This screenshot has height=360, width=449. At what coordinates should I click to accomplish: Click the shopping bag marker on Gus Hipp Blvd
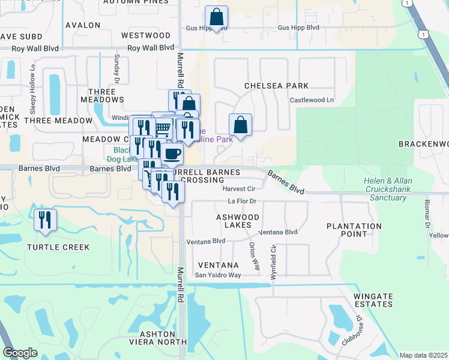pos(216,16)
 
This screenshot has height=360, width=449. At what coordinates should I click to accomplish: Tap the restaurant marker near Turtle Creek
pos(45,220)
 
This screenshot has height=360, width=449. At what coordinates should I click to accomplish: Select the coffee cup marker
pos(172,153)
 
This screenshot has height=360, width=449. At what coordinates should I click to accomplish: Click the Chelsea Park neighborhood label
pos(276,86)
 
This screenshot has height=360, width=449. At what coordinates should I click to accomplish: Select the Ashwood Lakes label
pos(238,221)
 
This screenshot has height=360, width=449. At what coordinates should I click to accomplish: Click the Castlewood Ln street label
pos(312,100)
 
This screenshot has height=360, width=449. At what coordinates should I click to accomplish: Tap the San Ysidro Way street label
pos(217,275)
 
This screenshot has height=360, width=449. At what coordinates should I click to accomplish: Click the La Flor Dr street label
pos(242,201)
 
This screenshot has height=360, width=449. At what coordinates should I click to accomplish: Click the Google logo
pos(20,353)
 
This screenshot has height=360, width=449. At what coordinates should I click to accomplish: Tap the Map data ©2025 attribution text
pos(423,355)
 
